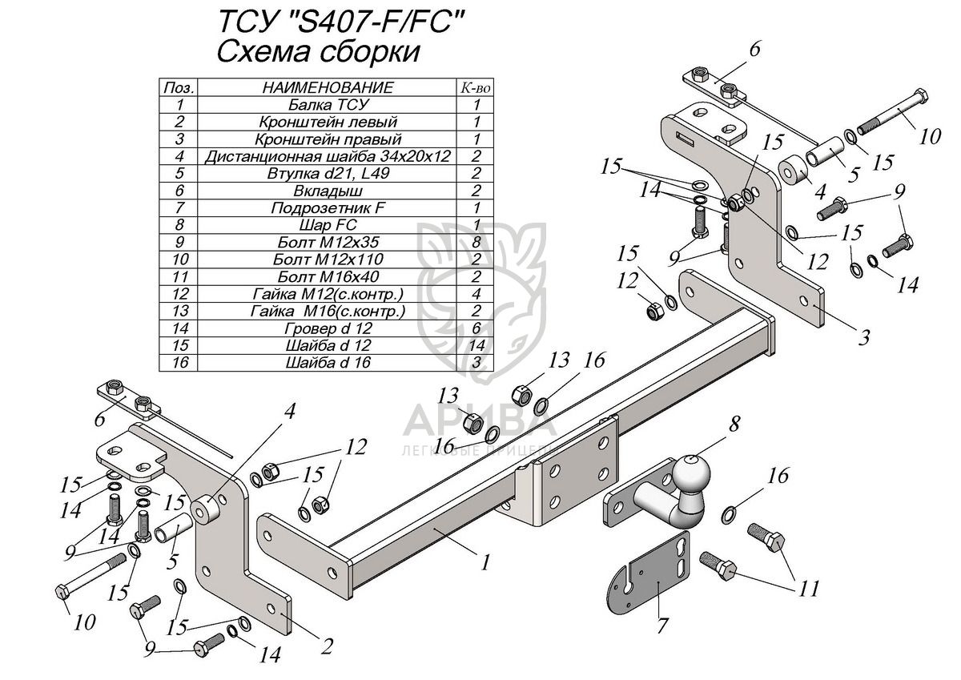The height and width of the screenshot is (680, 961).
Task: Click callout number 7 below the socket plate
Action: (661, 626)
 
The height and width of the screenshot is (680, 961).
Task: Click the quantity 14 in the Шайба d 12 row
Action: (476, 345)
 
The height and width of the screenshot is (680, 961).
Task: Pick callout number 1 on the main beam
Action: (485, 562)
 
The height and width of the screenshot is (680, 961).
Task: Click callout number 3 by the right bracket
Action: (862, 337)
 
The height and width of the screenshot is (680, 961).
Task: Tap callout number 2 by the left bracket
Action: (327, 646)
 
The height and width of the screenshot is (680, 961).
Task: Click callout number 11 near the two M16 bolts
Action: (808, 589)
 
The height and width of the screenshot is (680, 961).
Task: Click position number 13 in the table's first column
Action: (179, 311)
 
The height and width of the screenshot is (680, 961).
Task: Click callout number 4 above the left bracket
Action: (289, 412)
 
